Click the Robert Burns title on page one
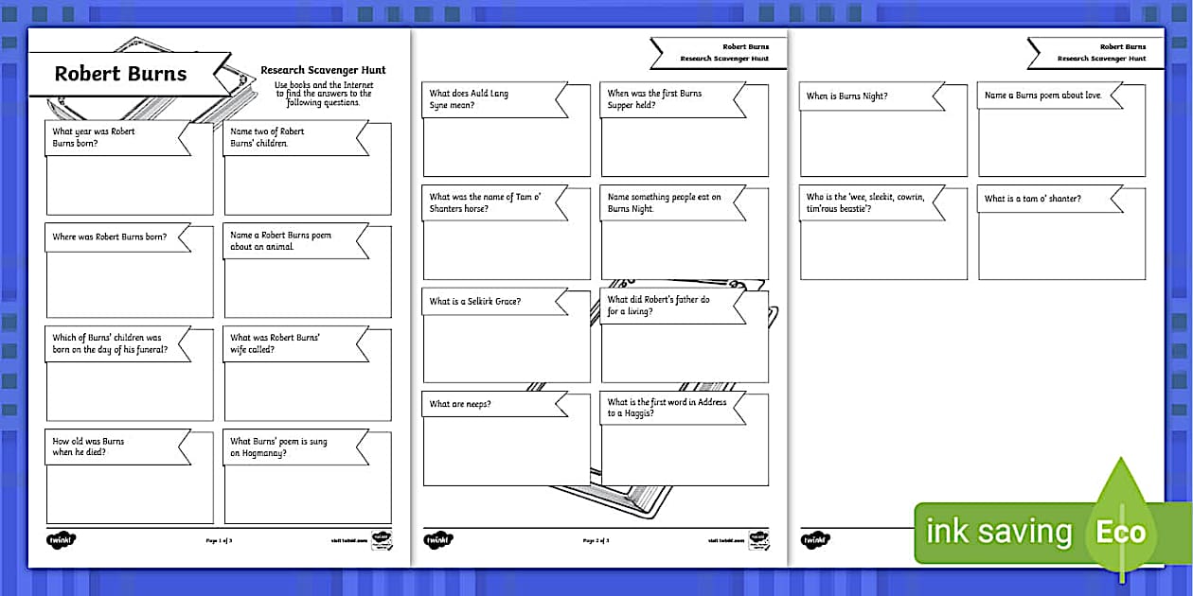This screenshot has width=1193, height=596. point(120,74)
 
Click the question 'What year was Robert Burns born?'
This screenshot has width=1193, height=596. point(95,137)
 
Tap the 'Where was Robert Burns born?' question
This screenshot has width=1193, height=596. point(110,237)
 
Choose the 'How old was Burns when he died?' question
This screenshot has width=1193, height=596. point(89,447)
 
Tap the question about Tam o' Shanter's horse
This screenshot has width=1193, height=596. point(473,202)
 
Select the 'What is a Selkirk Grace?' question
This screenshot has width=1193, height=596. point(475,301)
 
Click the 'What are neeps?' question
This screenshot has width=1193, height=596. point(460,404)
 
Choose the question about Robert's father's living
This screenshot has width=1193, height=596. point(659,305)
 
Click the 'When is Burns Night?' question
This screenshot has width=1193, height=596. point(847,96)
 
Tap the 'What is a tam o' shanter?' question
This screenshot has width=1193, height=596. point(1033,199)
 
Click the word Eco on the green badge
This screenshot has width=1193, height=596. point(1121,532)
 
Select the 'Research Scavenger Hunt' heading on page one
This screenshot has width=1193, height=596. point(323,70)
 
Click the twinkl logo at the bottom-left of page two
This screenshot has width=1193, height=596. point(438,539)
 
